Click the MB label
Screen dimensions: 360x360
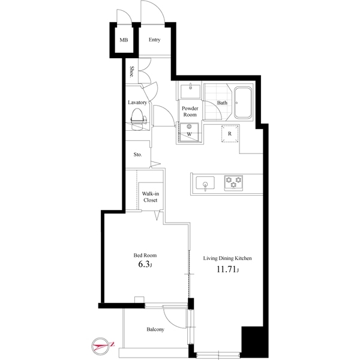pos(124,40)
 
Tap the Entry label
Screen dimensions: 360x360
pos(154,40)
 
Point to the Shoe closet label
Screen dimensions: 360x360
pos(131,73)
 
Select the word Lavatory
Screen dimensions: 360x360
pos(137,103)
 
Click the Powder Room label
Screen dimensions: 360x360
pos(190,111)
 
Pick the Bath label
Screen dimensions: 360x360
pos(222,103)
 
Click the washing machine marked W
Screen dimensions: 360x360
pos(190,133)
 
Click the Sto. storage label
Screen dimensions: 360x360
pos(137,154)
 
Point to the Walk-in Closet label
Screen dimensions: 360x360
pos(150,197)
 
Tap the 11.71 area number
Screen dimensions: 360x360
pos(227,271)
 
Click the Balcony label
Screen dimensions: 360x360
pos(155,329)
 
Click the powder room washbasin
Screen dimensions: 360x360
pos(191,92)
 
